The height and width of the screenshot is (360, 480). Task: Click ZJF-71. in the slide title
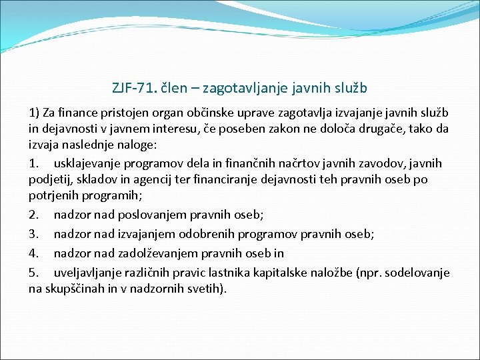pyautogui.click(x=133, y=87)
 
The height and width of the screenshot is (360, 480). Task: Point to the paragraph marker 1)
pyautogui.click(x=34, y=112)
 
